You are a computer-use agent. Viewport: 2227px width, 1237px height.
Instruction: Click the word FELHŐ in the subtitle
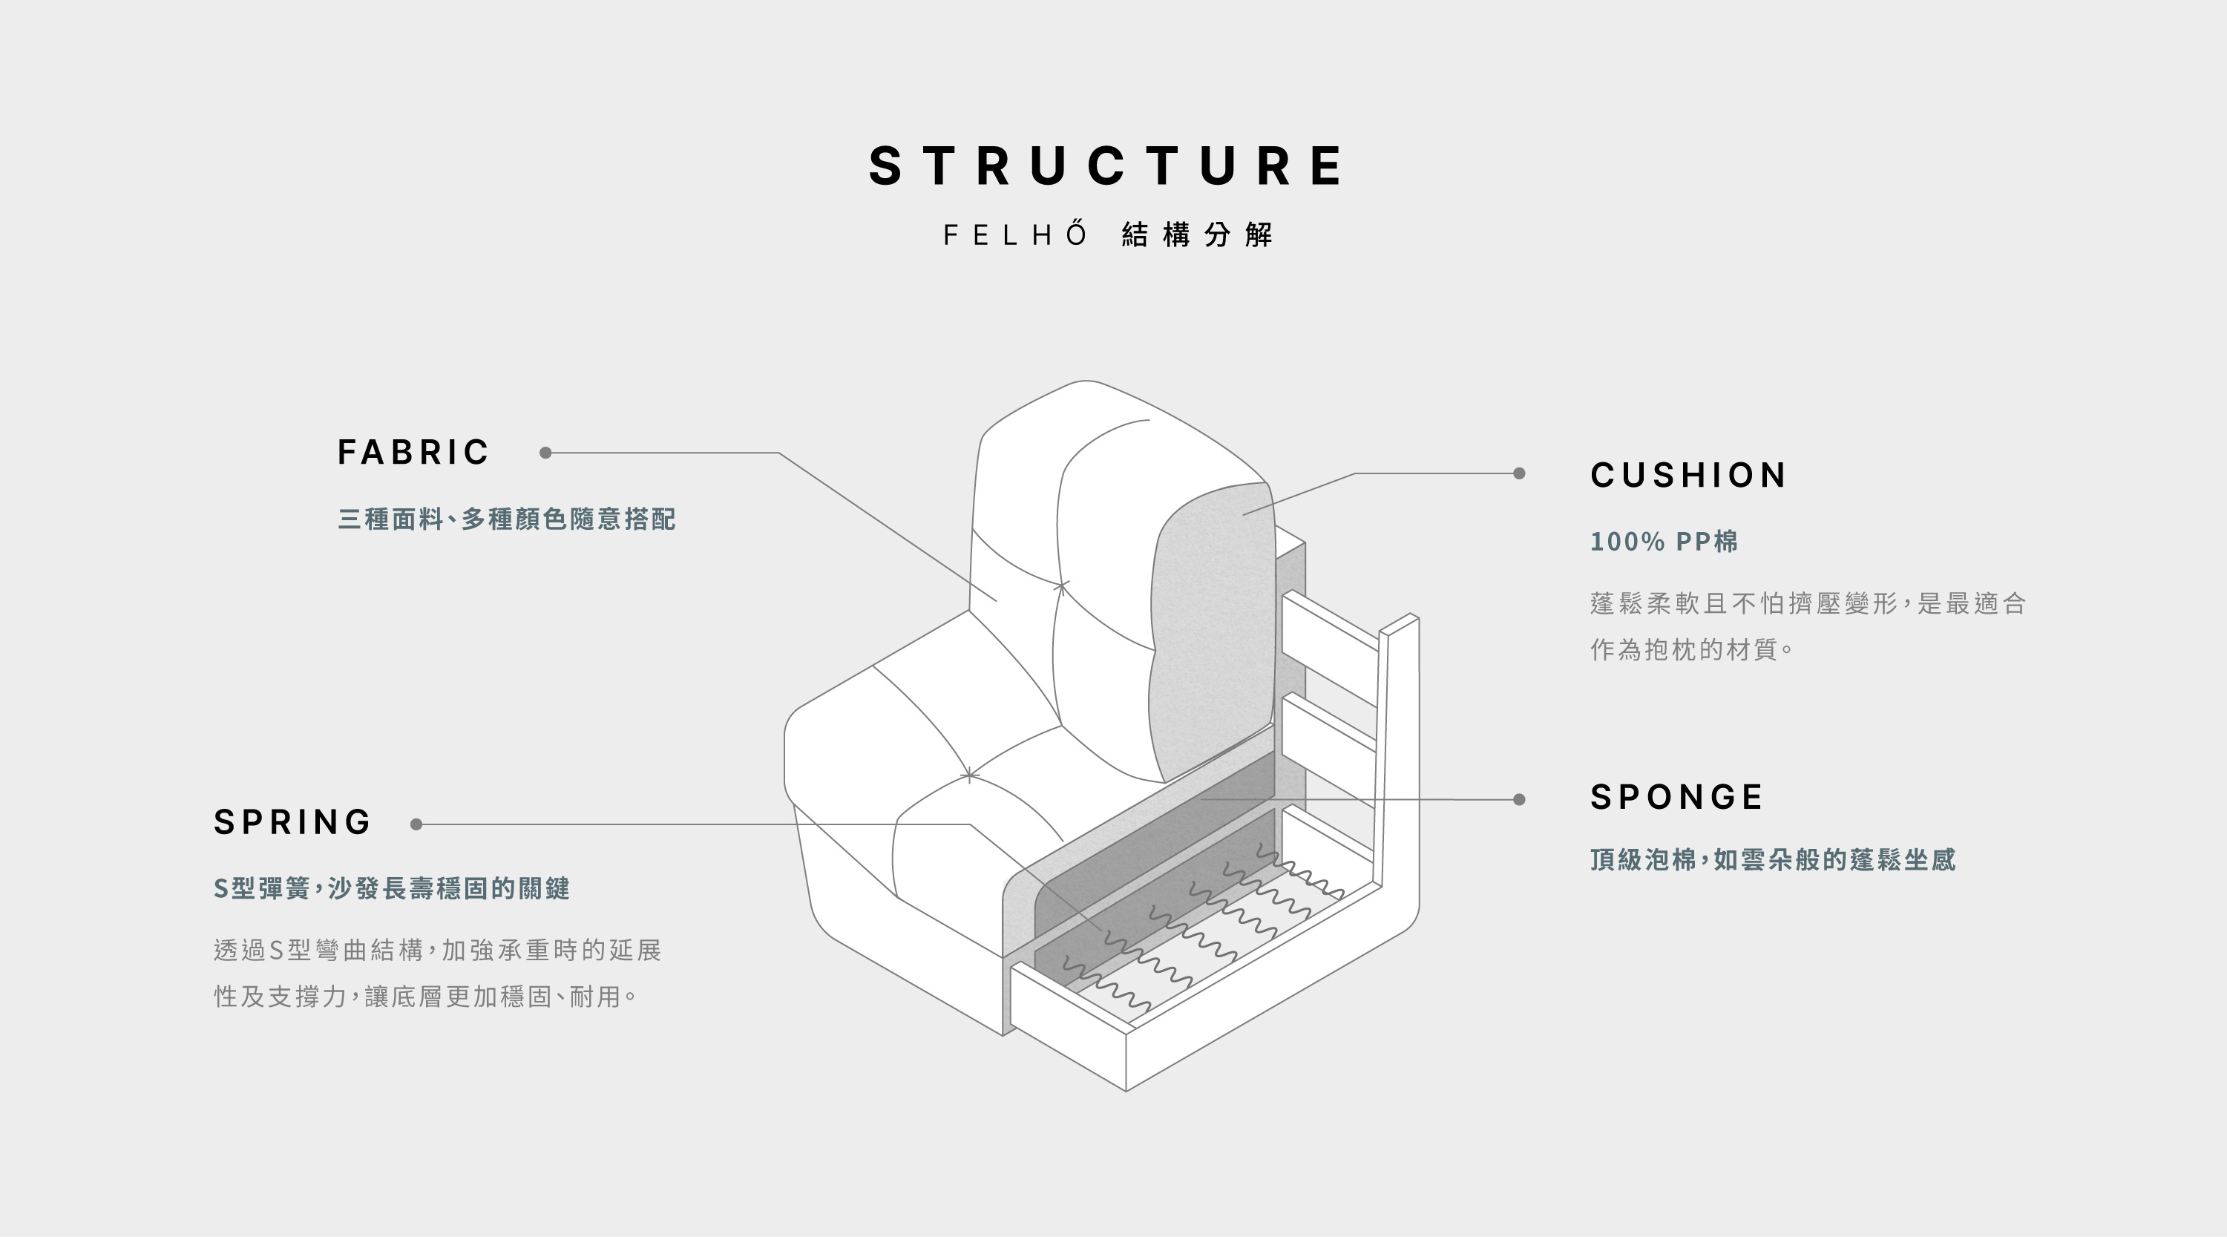click(x=1016, y=234)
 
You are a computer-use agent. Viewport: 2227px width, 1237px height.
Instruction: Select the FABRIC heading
click(x=413, y=452)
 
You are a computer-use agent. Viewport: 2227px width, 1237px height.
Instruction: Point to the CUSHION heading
click(x=1688, y=475)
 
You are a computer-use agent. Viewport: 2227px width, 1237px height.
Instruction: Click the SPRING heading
click(x=292, y=822)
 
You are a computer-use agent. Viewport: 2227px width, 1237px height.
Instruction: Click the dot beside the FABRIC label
click(x=545, y=453)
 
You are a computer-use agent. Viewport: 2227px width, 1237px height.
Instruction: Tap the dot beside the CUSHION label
click(x=1519, y=473)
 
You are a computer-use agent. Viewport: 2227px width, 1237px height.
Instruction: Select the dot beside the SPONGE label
click(x=1519, y=800)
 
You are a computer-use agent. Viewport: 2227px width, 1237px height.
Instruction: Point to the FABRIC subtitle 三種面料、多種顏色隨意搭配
click(x=507, y=519)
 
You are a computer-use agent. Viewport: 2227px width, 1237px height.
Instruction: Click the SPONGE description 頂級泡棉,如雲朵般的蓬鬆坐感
click(x=1772, y=860)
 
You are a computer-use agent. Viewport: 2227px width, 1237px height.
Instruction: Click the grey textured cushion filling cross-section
click(x=1210, y=631)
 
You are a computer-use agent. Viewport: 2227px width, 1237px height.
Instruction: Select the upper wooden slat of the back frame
click(x=1330, y=635)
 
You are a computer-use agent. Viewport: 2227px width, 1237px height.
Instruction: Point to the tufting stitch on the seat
click(x=969, y=775)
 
